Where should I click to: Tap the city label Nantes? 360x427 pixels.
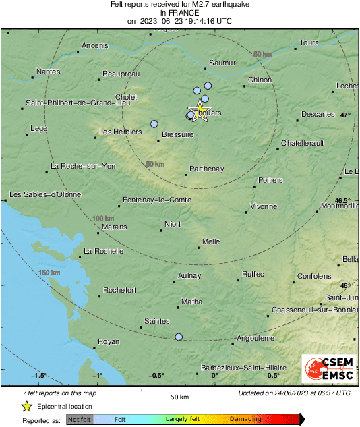click(48, 72)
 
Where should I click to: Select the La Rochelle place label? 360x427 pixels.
click(103, 251)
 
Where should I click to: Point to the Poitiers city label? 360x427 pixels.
click(270, 180)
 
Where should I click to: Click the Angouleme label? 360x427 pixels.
click(256, 338)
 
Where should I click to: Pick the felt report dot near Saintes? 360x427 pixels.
click(179, 337)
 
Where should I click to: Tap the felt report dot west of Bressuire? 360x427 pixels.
click(154, 124)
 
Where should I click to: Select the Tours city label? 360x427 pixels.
click(309, 43)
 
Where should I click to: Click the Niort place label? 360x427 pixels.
click(173, 225)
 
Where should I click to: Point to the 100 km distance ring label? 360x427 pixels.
click(103, 219)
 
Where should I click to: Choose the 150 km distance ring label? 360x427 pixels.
click(50, 273)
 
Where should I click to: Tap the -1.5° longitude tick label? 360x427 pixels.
click(38, 376)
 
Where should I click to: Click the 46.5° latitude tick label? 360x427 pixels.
click(343, 200)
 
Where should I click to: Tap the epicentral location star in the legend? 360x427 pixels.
click(26, 406)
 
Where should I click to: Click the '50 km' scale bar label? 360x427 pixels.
click(179, 396)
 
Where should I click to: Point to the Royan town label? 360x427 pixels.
click(109, 341)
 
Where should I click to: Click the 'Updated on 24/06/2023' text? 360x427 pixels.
click(294, 393)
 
